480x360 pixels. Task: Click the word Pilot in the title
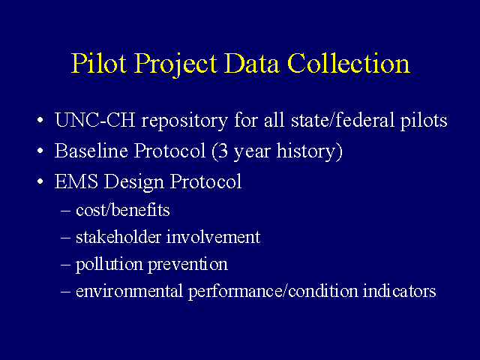[x=99, y=63]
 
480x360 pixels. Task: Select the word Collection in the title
[x=349, y=63]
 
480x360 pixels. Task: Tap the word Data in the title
[x=252, y=63]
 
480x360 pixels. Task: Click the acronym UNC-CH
[x=95, y=119]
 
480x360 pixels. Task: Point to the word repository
[x=184, y=121]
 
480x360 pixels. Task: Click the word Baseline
[x=91, y=151]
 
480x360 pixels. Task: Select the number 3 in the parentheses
[x=223, y=151]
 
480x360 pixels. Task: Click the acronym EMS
[x=76, y=181]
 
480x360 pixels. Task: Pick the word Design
[x=133, y=182]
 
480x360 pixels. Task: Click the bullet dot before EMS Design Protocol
[x=40, y=181]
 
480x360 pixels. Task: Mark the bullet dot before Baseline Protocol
[x=40, y=151]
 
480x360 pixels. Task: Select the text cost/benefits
[x=123, y=210]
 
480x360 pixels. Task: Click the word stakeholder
[x=118, y=237]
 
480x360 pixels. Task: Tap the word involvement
[x=213, y=237]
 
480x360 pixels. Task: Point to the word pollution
[x=109, y=265]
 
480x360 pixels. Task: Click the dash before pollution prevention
[x=66, y=265]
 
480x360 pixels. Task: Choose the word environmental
[x=130, y=291]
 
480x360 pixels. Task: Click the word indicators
[x=399, y=291]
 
